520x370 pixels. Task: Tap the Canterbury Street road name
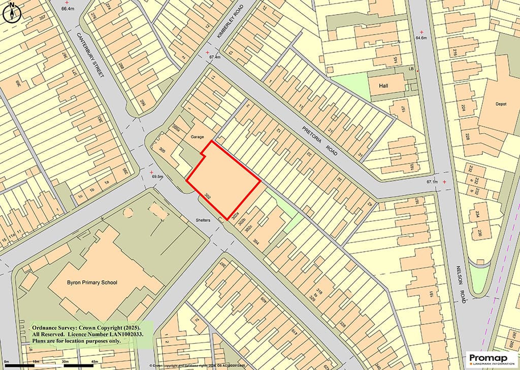coord(90,55)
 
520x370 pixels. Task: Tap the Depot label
coord(501,104)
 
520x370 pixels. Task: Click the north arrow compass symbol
coord(11,14)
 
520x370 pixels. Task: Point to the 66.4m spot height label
coord(67,9)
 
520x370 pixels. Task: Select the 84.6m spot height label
coord(421,38)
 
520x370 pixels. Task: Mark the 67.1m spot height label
coord(432,182)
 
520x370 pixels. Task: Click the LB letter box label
coord(412,69)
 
